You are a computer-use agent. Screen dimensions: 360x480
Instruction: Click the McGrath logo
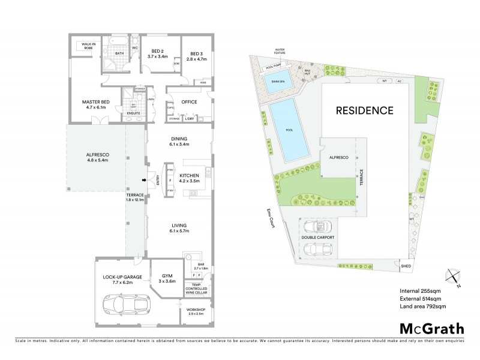(431, 328)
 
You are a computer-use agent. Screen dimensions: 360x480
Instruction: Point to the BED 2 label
(158, 51)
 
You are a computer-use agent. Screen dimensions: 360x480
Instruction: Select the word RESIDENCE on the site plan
(364, 110)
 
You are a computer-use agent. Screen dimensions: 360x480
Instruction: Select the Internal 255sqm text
(419, 291)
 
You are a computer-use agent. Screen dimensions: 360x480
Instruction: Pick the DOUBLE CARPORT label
(318, 238)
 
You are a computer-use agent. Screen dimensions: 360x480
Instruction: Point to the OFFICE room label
(189, 102)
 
